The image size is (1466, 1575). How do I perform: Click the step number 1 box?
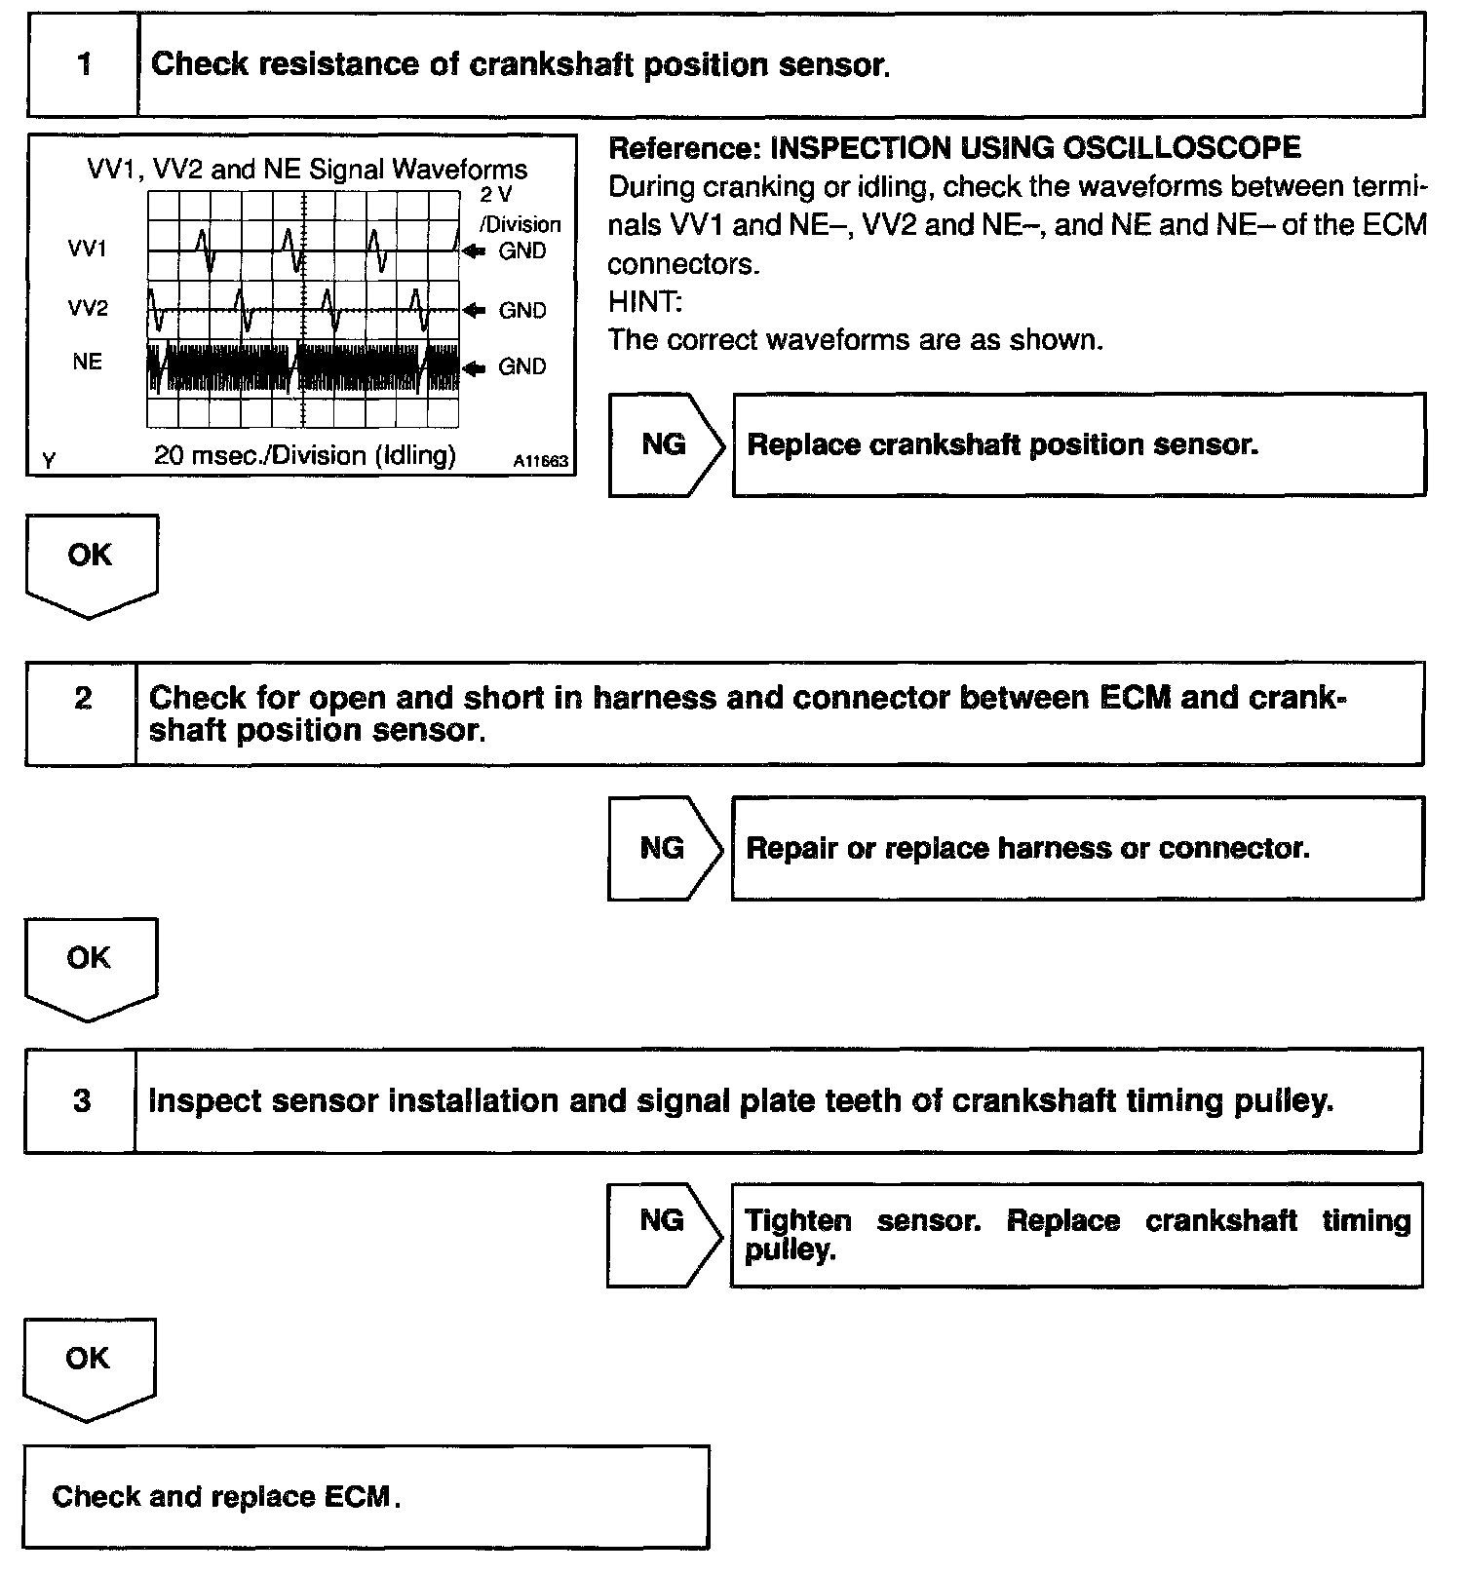(84, 65)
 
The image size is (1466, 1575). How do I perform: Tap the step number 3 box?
(82, 1101)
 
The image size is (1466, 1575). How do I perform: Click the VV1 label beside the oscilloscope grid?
(88, 250)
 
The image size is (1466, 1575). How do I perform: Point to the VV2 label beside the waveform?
(88, 309)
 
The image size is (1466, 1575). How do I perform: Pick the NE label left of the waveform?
(88, 362)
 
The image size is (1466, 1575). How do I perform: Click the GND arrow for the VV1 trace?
(474, 251)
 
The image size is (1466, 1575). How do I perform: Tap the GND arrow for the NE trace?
(474, 367)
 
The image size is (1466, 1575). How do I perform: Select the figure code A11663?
(540, 462)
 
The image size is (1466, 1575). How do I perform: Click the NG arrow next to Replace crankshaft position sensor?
(667, 445)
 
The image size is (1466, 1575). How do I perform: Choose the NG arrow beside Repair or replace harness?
(665, 848)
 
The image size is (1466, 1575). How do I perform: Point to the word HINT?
(644, 302)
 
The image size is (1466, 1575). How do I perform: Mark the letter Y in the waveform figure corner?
(48, 461)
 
